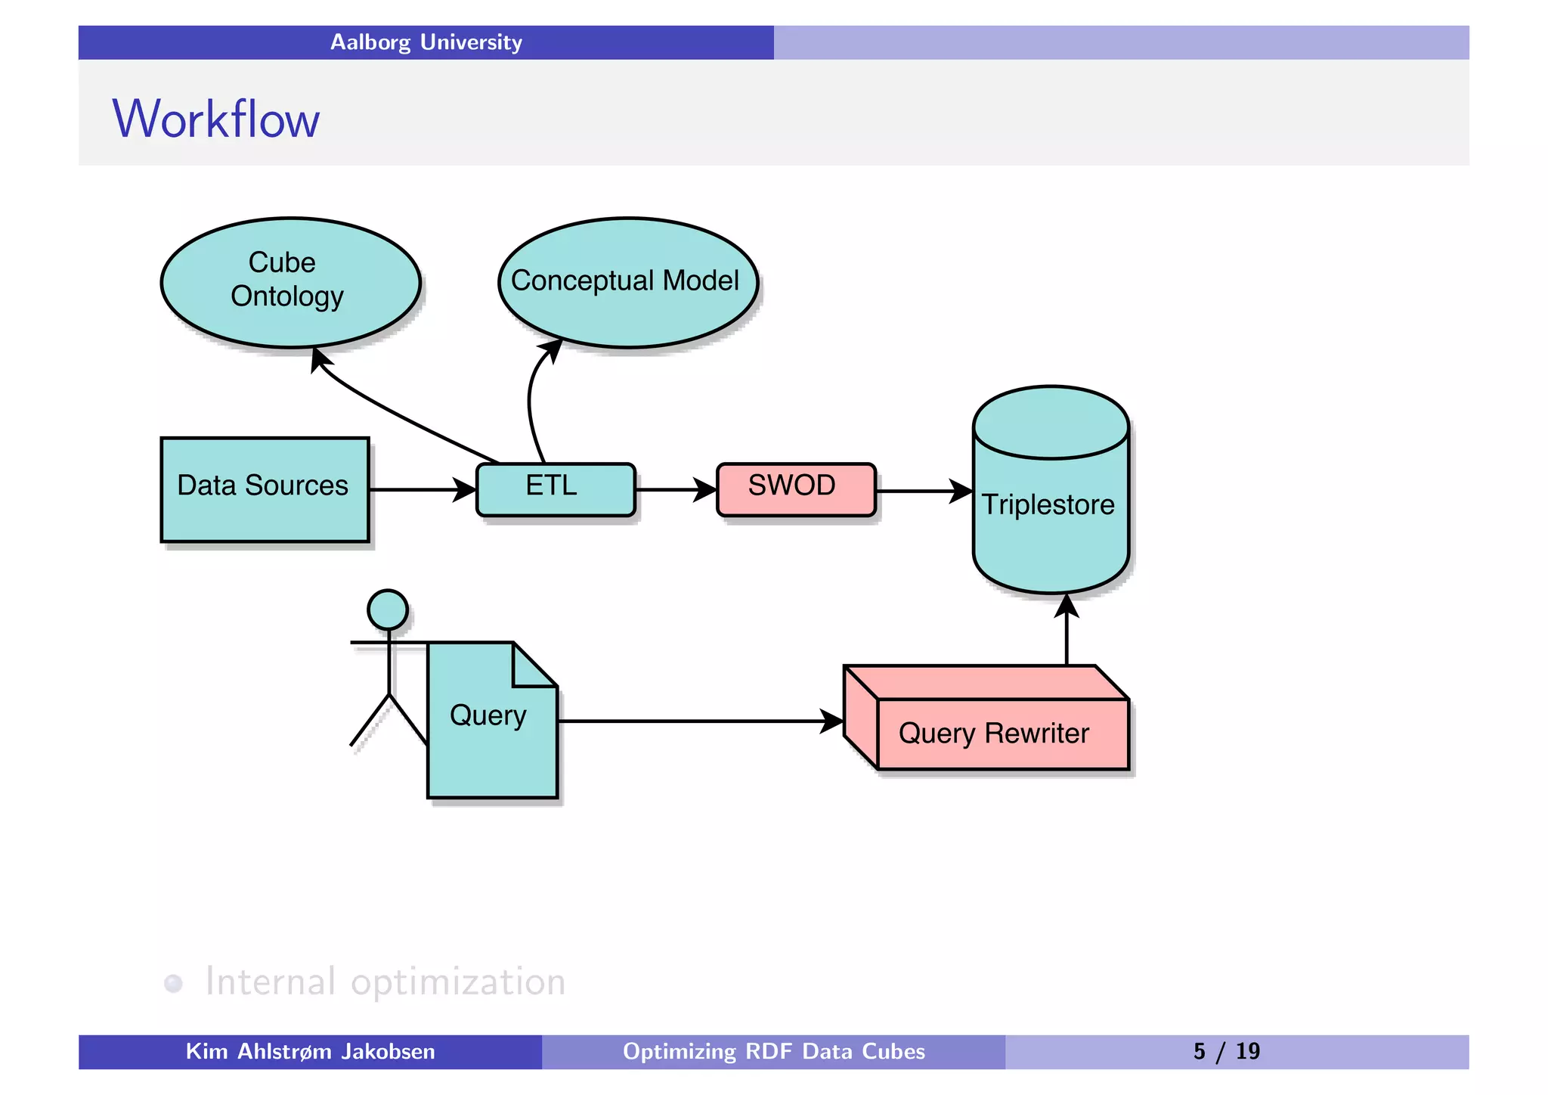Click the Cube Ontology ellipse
[x=290, y=282]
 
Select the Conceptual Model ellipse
[x=627, y=282]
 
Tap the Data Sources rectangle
[x=265, y=489]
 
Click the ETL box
[x=555, y=489]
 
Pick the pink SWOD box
[x=795, y=489]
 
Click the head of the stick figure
[x=388, y=610]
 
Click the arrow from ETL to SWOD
[x=673, y=490]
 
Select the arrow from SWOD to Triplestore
[x=922, y=491]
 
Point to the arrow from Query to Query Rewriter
[x=695, y=721]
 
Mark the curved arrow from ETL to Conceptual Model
[x=531, y=401]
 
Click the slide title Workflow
[x=216, y=119]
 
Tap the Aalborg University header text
[x=426, y=42]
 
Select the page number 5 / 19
[x=1226, y=1051]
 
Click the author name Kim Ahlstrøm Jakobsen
[x=310, y=1051]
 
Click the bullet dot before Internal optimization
[x=173, y=983]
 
